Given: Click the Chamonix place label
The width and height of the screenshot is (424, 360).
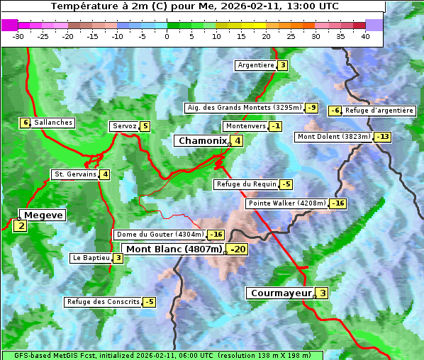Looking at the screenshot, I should pos(202,141).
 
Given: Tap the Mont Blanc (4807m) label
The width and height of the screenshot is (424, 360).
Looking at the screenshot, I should pos(174,249).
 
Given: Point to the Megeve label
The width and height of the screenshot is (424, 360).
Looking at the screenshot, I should pos(43,215).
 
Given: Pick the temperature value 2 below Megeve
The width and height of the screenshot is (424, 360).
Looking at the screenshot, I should pos(21,227).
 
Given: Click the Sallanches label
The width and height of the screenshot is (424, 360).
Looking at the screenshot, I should pos(53,123).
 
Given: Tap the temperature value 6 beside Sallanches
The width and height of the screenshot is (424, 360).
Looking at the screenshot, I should pos(26,123).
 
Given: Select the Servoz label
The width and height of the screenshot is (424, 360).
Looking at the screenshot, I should pos(124,126).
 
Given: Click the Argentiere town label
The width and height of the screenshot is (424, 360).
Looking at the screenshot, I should pos(256,65).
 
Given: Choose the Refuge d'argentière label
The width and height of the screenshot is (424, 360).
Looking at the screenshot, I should pos(379,111).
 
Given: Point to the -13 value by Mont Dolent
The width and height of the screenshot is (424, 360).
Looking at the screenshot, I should pos(383,137).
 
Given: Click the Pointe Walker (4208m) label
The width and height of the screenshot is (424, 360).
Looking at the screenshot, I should pos(286,203).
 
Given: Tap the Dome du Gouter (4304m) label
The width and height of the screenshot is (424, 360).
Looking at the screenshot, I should pos(160,235).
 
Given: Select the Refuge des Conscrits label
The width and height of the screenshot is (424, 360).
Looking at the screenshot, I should pos(103,302).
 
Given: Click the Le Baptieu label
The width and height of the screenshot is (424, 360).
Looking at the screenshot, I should pos(91,258).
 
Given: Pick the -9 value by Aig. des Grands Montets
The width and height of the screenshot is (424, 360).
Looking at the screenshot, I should pos(312,108).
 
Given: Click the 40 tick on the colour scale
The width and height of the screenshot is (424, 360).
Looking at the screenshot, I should pos(365,36).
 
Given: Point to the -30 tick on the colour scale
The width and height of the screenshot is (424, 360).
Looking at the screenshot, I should pos(18,36).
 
